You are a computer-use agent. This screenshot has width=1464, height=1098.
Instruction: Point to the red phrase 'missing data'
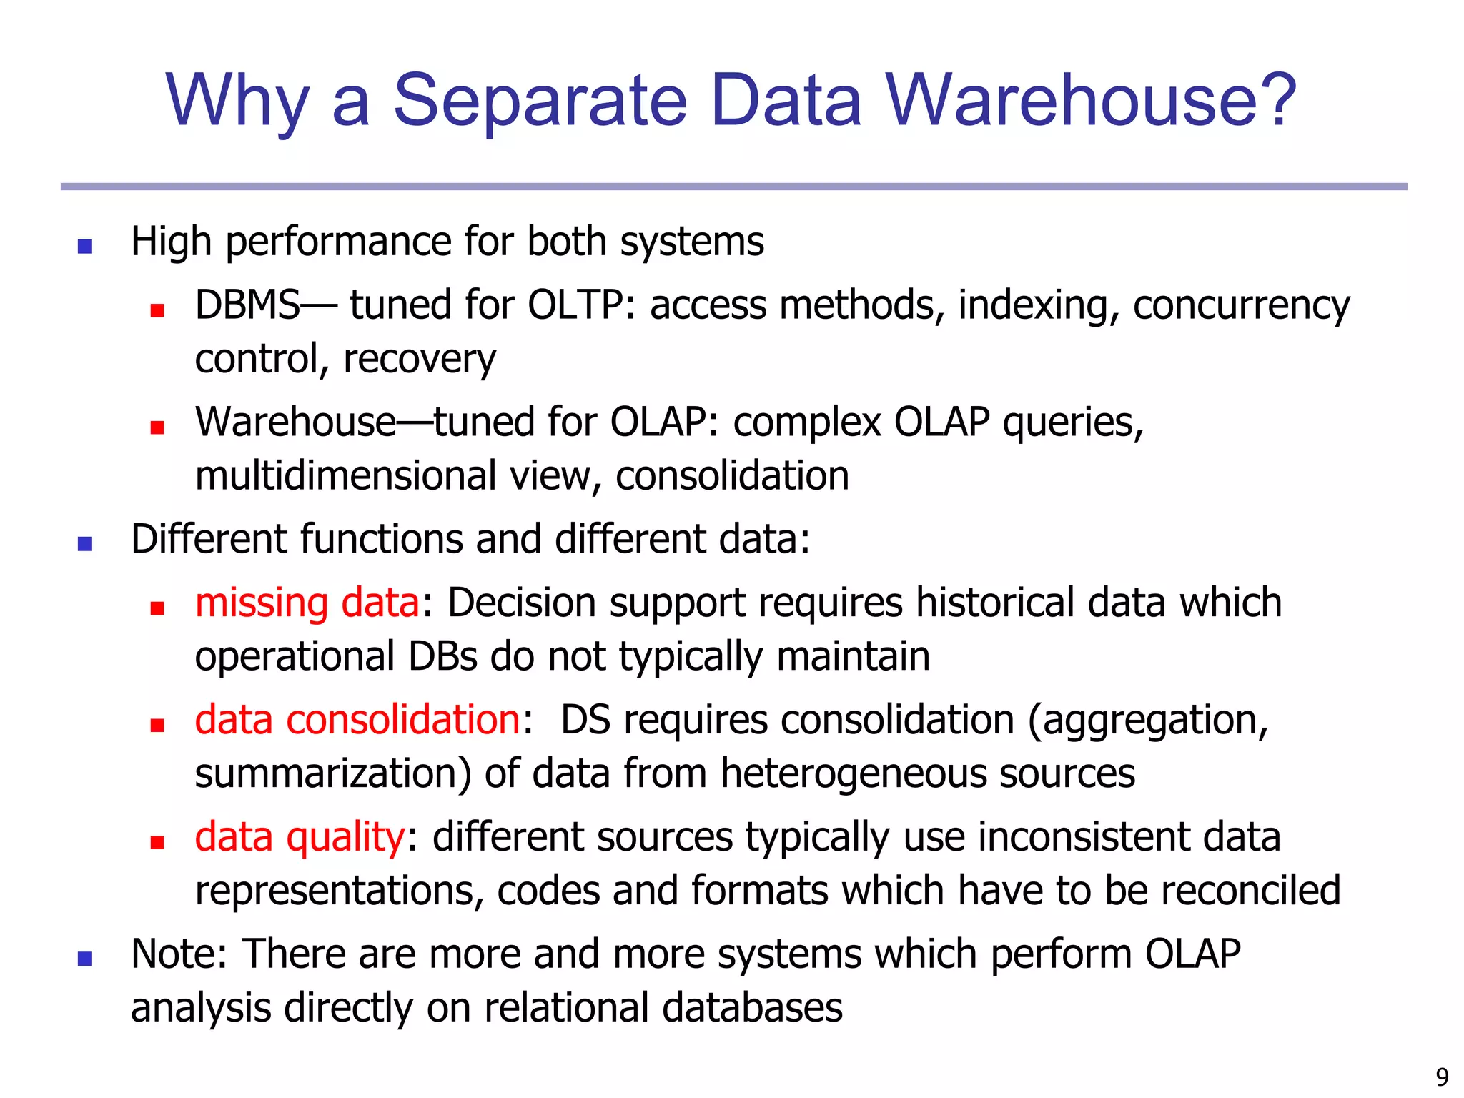307,603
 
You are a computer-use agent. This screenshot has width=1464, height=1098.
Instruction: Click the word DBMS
247,305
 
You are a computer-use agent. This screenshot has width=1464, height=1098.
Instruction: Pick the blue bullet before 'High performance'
85,247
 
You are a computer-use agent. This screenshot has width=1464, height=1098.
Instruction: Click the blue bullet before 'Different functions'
85,544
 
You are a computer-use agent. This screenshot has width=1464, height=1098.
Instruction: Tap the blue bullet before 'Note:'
85,959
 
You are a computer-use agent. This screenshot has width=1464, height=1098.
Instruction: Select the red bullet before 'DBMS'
157,310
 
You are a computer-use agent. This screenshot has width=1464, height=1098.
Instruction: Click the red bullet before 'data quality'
157,842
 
